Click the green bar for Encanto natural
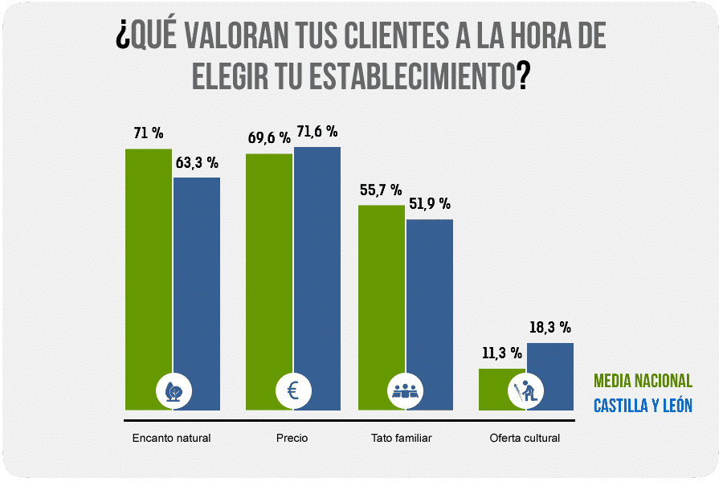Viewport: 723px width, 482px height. pos(149,265)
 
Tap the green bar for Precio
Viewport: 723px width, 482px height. pos(269,265)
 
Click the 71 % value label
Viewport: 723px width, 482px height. pos(149,133)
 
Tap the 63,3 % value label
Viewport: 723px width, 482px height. pos(197,162)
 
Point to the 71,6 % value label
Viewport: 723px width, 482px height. pos(317,132)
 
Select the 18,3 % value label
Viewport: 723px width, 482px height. pos(550,327)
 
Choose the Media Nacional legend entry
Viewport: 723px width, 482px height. pos(643,381)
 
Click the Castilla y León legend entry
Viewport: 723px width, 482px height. pos(643,406)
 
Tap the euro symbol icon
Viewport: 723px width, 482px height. pos(293,391)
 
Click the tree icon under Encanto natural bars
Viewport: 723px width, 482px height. pos(174,391)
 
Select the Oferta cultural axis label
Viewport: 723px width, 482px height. pos(525,439)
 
